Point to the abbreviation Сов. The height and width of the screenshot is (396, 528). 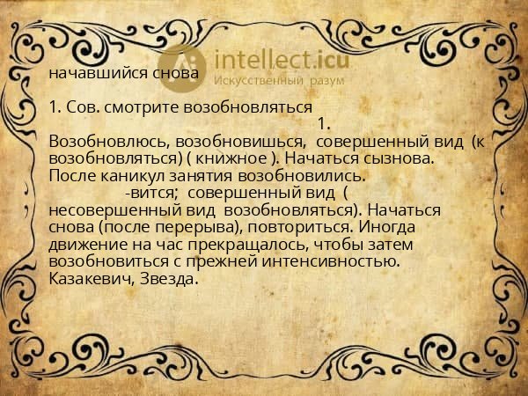click(82, 109)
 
